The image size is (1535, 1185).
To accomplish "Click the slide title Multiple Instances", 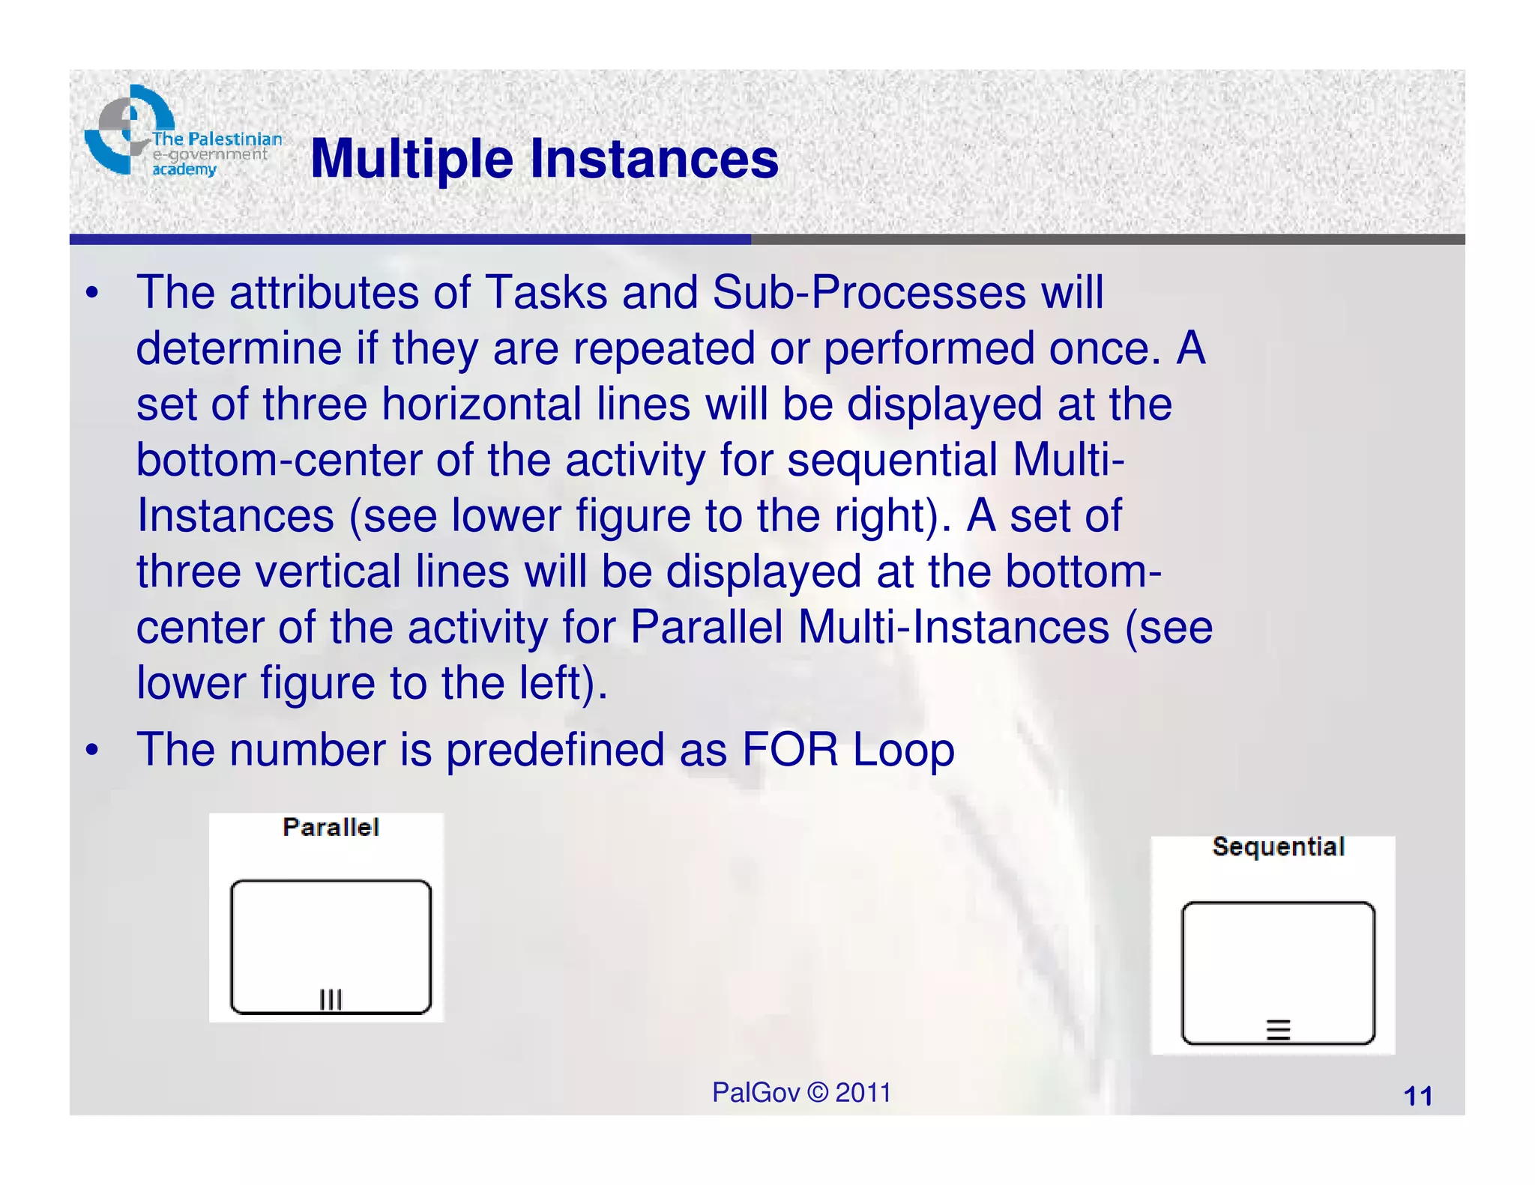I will coord(544,159).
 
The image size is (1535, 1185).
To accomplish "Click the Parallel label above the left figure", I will coord(331,827).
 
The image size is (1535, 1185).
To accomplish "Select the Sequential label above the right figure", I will coord(1278,846).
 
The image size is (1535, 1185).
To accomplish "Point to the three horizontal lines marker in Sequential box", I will coord(1278,1030).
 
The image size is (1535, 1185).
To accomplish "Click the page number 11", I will coord(1417,1097).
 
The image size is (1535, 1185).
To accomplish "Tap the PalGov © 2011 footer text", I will coord(801,1093).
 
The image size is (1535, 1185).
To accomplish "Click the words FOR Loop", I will coord(848,749).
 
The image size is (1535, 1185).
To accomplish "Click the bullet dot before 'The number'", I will coord(92,750).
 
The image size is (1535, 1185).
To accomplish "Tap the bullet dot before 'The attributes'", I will coord(92,293).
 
